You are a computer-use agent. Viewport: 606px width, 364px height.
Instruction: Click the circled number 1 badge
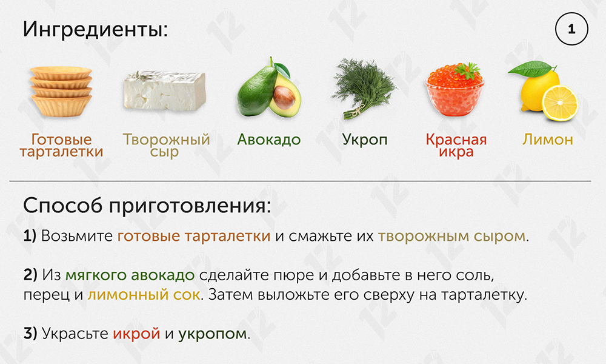pyautogui.click(x=571, y=29)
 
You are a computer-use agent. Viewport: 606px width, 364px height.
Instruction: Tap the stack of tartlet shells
pyautogui.click(x=61, y=91)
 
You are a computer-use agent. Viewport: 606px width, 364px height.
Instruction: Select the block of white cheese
pyautogui.click(x=165, y=91)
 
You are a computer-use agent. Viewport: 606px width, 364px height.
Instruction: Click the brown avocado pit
pyautogui.click(x=284, y=97)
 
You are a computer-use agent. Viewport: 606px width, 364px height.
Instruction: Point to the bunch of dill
pyautogui.click(x=362, y=88)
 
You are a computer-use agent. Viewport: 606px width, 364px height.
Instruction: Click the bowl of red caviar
pyautogui.click(x=454, y=90)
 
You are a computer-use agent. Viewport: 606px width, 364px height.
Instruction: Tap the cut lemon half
pyautogui.click(x=559, y=103)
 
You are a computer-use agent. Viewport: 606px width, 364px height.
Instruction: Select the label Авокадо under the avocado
pyautogui.click(x=269, y=140)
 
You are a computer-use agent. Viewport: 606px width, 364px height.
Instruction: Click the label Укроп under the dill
pyautogui.click(x=364, y=140)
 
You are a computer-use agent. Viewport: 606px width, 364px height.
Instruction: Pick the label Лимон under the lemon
pyautogui.click(x=548, y=140)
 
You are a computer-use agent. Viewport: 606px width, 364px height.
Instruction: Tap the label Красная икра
pyautogui.click(x=456, y=146)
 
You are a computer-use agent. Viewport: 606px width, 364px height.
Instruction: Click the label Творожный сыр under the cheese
pyautogui.click(x=166, y=146)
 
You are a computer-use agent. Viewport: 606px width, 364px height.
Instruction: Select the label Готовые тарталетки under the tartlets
pyautogui.click(x=61, y=146)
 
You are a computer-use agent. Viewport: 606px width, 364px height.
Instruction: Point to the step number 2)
pyautogui.click(x=30, y=275)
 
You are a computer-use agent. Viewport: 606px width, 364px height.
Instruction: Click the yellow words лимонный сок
pyautogui.click(x=144, y=295)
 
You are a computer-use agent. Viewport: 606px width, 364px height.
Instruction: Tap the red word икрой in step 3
pyautogui.click(x=136, y=334)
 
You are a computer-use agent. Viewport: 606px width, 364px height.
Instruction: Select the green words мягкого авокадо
pyautogui.click(x=130, y=275)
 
